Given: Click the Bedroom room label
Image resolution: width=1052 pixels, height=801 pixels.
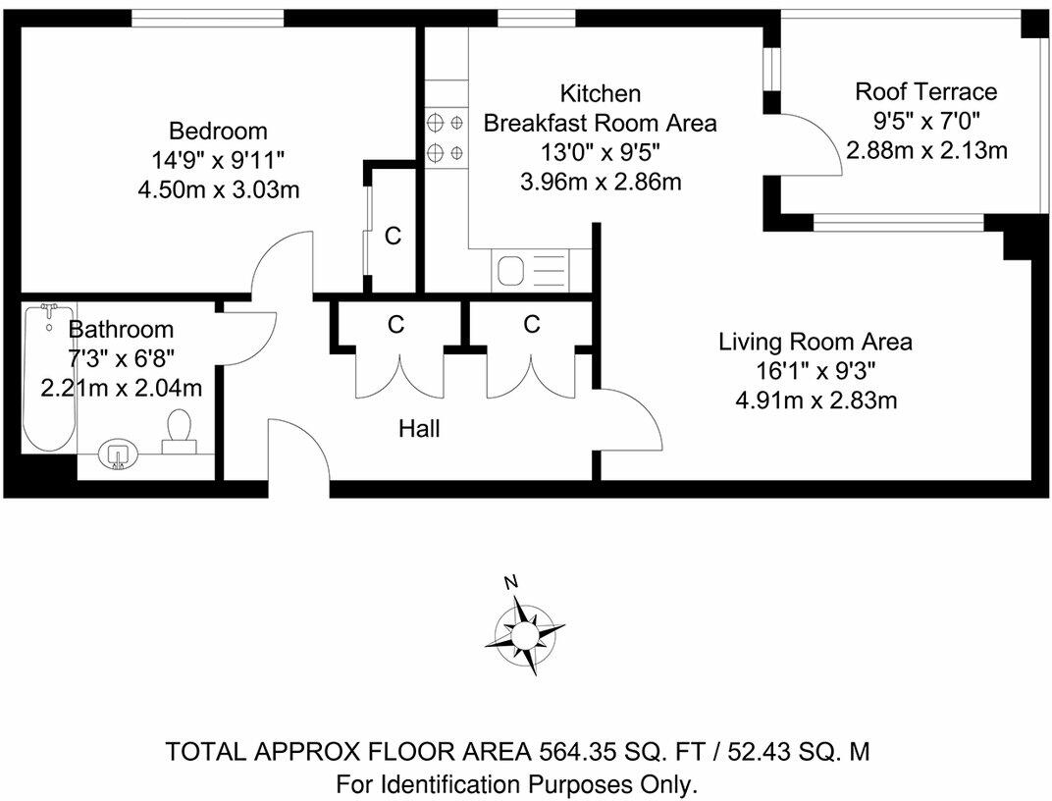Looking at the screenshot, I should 218,131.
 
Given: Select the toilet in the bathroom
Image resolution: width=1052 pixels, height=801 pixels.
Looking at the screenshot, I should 179,432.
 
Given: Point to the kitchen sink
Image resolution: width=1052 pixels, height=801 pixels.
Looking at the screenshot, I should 513,270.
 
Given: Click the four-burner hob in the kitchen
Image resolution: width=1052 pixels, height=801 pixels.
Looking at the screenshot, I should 446,137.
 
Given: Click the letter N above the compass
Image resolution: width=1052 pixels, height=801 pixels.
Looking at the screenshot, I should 510,582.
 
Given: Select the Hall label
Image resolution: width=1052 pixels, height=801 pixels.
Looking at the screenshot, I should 419,428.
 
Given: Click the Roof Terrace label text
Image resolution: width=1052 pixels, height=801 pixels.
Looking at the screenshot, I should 925,92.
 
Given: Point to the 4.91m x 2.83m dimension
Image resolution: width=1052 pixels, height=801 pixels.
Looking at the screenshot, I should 816,400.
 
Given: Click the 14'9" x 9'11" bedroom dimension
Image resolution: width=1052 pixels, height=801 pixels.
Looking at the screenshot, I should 218,159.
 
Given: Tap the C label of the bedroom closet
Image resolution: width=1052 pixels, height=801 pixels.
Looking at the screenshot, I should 393,237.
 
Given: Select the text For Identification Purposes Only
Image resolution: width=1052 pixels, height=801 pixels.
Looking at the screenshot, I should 517,784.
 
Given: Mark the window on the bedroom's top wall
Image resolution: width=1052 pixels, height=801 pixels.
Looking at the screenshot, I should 208,17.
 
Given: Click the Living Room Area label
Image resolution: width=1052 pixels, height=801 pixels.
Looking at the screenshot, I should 815,343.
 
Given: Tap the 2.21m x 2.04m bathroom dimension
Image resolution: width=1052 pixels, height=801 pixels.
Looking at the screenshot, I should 122,388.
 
